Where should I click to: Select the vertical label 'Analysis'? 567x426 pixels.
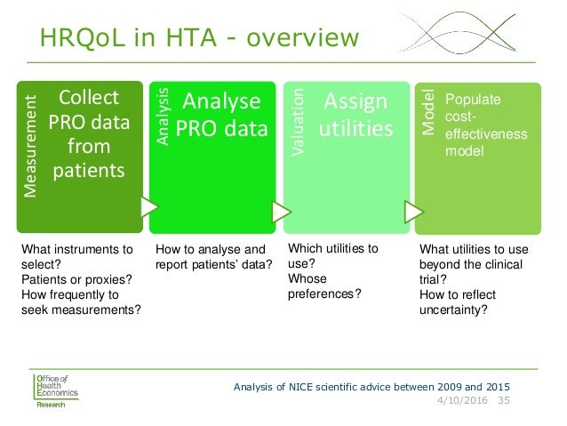(x=162, y=116)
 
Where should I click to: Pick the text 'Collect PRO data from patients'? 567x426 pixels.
(x=87, y=133)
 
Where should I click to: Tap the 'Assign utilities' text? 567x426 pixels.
(x=356, y=115)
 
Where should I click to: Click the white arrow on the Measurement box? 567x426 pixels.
(x=148, y=207)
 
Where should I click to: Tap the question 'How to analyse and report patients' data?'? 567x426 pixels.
(x=213, y=256)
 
